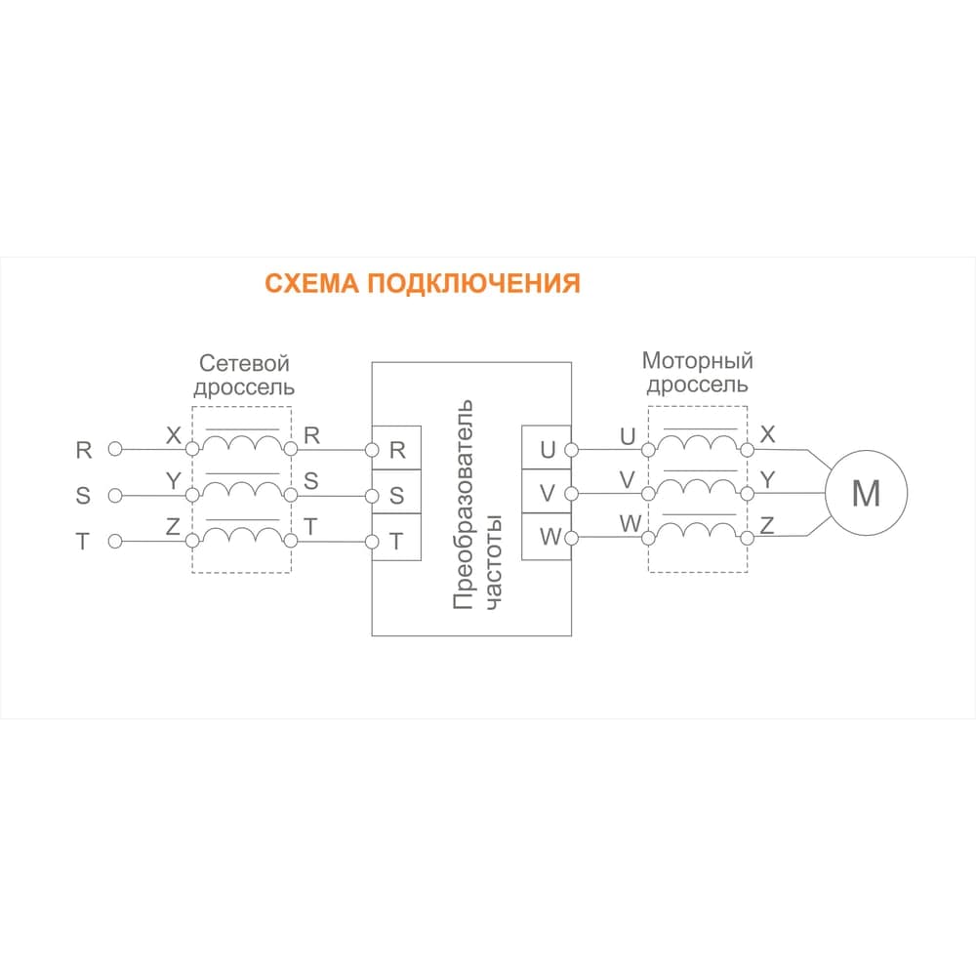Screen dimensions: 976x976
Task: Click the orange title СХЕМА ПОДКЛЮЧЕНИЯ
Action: point(423,283)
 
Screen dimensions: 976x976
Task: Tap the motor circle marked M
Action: point(866,492)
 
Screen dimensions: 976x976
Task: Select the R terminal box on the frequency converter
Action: point(396,448)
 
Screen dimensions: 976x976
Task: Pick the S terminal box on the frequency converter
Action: point(396,492)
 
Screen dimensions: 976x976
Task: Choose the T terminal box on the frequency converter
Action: point(396,537)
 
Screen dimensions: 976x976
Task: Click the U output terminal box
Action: point(547,448)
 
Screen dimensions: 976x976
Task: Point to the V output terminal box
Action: point(547,492)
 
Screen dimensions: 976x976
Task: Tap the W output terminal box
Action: point(547,537)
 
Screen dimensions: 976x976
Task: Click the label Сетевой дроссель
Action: point(244,375)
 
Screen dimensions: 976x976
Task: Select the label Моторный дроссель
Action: point(698,372)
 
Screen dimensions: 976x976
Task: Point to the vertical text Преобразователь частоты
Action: point(477,505)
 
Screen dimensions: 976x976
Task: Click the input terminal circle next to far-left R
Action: point(115,449)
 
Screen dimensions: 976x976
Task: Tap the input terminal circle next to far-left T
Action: point(115,542)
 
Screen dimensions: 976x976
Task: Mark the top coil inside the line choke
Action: point(242,442)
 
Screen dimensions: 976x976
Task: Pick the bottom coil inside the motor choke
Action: point(698,530)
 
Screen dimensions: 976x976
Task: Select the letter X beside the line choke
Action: point(174,435)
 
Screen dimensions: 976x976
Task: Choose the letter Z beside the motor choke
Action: point(767,525)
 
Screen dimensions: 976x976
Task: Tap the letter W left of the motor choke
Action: point(630,524)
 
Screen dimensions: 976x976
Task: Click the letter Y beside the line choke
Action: point(173,481)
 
